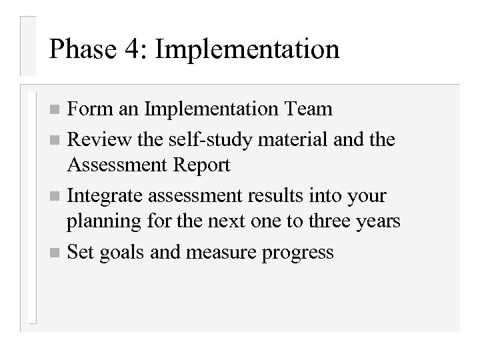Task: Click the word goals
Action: (x=125, y=254)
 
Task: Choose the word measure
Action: (x=218, y=254)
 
